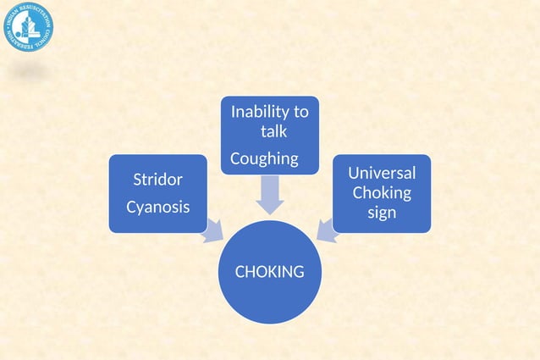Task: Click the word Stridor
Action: point(157,180)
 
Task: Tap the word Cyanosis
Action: point(157,207)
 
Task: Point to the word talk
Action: point(273,131)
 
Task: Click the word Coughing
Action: point(264,158)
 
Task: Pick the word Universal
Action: point(382,173)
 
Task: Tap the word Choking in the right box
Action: point(382,192)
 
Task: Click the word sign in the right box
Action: point(382,212)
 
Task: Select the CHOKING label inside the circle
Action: point(269,272)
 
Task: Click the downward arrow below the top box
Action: point(269,195)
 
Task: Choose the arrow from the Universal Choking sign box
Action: point(327,230)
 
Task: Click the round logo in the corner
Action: point(28,28)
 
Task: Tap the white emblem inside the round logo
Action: point(28,27)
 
